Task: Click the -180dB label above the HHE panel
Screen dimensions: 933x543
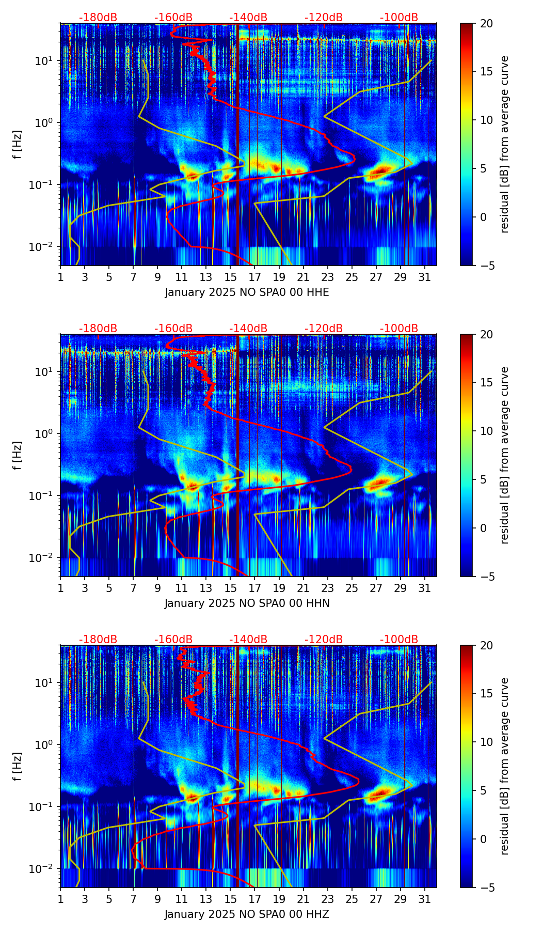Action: [x=98, y=18]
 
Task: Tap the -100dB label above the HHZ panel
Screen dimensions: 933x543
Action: [x=399, y=640]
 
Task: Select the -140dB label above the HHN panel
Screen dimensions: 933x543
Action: [x=248, y=329]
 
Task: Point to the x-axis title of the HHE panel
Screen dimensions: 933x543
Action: [x=247, y=292]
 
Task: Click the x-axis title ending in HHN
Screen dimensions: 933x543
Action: [x=247, y=603]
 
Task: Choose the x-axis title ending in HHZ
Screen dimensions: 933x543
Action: [x=247, y=914]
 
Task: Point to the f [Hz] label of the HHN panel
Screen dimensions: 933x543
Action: [x=18, y=455]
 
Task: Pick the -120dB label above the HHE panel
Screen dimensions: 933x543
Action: [x=324, y=18]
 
